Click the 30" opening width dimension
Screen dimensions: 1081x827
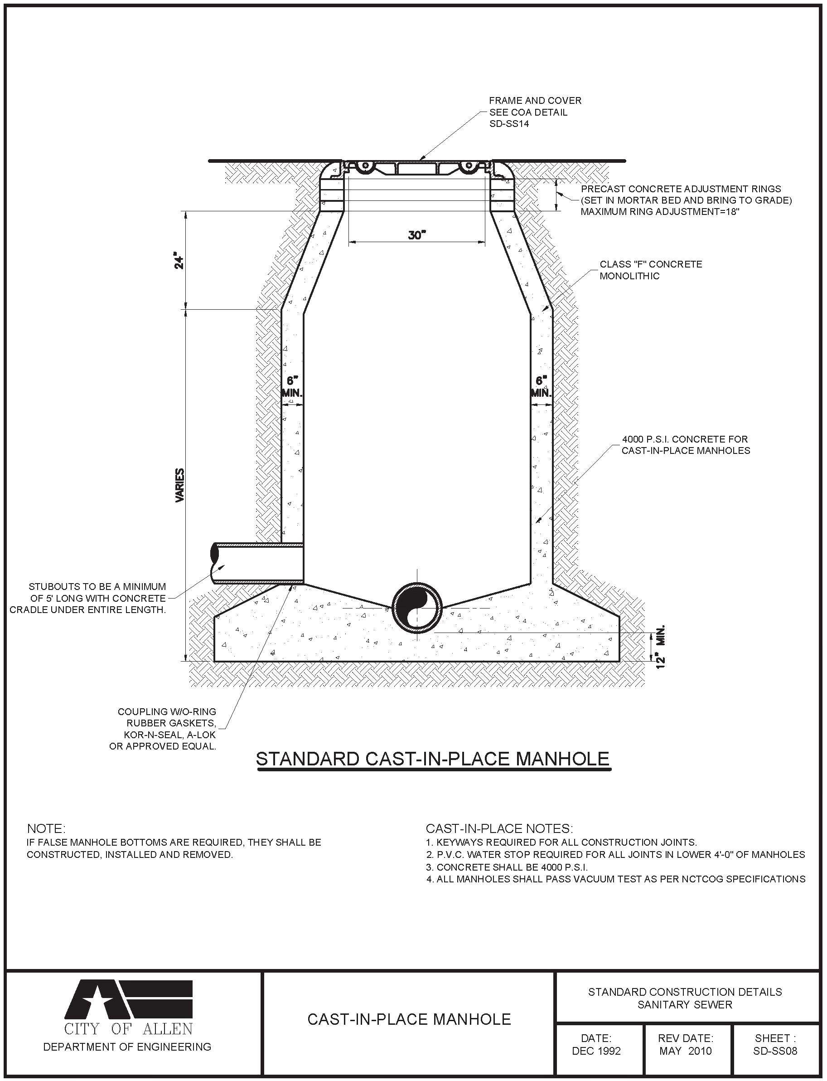[416, 235]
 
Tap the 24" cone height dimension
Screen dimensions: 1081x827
[180, 262]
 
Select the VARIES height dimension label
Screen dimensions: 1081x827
[180, 485]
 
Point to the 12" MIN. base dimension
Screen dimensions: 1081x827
[661, 646]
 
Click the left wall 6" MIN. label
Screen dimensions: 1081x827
[292, 387]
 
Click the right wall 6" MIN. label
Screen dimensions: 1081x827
[541, 387]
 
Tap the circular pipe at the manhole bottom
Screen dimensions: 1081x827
[416, 608]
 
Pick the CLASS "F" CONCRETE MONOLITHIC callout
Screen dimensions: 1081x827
[650, 270]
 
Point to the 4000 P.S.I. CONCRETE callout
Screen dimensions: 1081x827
[685, 445]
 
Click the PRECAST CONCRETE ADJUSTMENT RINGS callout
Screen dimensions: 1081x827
[686, 200]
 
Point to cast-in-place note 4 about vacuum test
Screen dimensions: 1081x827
[615, 879]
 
